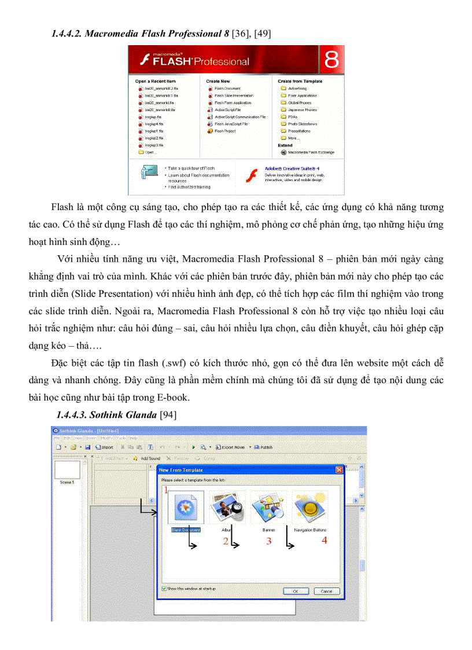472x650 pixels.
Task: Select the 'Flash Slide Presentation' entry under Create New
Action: tap(234, 96)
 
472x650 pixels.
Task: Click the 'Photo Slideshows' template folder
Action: tap(303, 124)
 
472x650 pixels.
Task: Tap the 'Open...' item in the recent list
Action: tap(150, 152)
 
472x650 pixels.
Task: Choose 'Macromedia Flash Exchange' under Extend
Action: tap(311, 152)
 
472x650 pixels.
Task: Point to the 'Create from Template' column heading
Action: tap(300, 82)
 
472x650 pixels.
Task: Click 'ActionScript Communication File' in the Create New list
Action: tap(240, 117)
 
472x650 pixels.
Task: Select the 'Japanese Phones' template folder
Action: tap(302, 110)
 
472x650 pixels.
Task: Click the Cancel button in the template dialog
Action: tap(326, 591)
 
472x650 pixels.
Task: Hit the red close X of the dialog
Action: tap(338, 470)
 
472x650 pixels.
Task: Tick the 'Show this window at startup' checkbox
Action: tap(165, 589)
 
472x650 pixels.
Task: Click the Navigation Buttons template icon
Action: tap(309, 508)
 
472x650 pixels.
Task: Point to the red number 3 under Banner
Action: tap(269, 542)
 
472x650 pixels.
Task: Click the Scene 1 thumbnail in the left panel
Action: tap(67, 470)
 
